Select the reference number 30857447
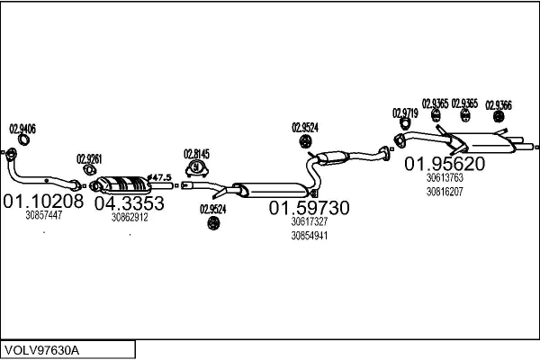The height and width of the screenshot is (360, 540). pyautogui.click(x=43, y=215)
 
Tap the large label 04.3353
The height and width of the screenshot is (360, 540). pyautogui.click(x=130, y=202)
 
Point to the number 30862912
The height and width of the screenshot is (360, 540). pyautogui.click(x=130, y=217)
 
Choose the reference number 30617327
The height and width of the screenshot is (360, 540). pyautogui.click(x=309, y=221)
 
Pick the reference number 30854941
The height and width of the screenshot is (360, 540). pyautogui.click(x=309, y=236)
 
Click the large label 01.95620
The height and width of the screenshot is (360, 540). pyautogui.click(x=445, y=164)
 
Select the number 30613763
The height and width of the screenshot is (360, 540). pyautogui.click(x=445, y=178)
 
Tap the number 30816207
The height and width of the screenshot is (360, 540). pyautogui.click(x=445, y=192)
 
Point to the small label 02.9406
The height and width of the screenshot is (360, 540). pyautogui.click(x=22, y=129)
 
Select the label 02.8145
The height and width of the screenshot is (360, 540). pyautogui.click(x=196, y=153)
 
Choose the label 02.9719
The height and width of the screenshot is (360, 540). pyautogui.click(x=405, y=112)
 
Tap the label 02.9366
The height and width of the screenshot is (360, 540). pyautogui.click(x=499, y=103)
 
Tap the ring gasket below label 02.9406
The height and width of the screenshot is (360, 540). pyautogui.click(x=23, y=139)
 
